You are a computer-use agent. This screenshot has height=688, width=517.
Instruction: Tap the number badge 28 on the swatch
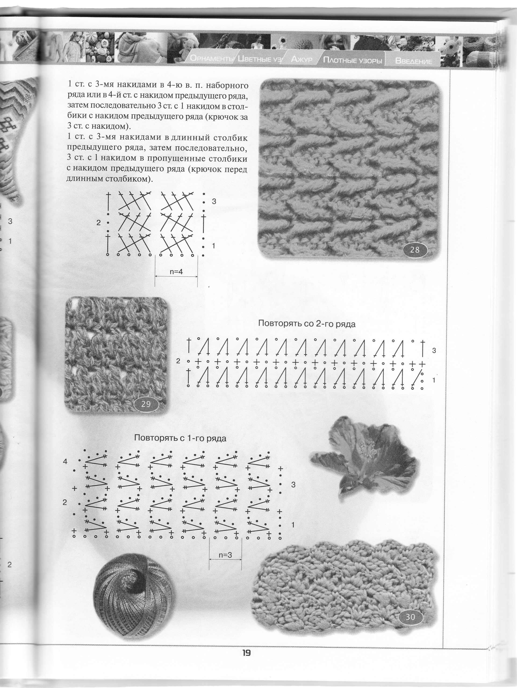[x=415, y=249]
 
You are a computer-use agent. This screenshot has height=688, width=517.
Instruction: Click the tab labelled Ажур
[x=302, y=59]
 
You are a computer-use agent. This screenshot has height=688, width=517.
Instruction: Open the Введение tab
[x=413, y=61]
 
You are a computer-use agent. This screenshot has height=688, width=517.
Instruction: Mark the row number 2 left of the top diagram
[x=98, y=223]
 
